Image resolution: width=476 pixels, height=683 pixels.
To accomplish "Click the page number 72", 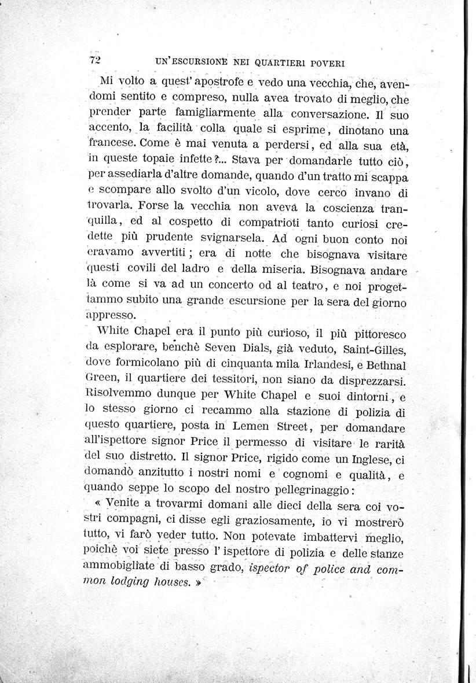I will pos(95,59).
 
